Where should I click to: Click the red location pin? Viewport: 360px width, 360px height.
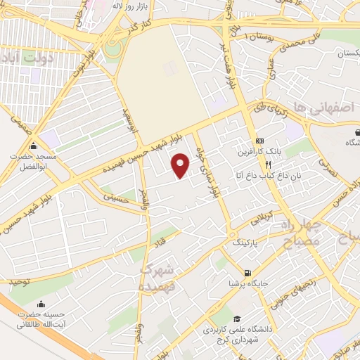pos(181,165)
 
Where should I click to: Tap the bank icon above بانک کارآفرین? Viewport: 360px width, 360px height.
pos(259,140)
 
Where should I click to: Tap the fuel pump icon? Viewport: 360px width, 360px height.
pos(247,273)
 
